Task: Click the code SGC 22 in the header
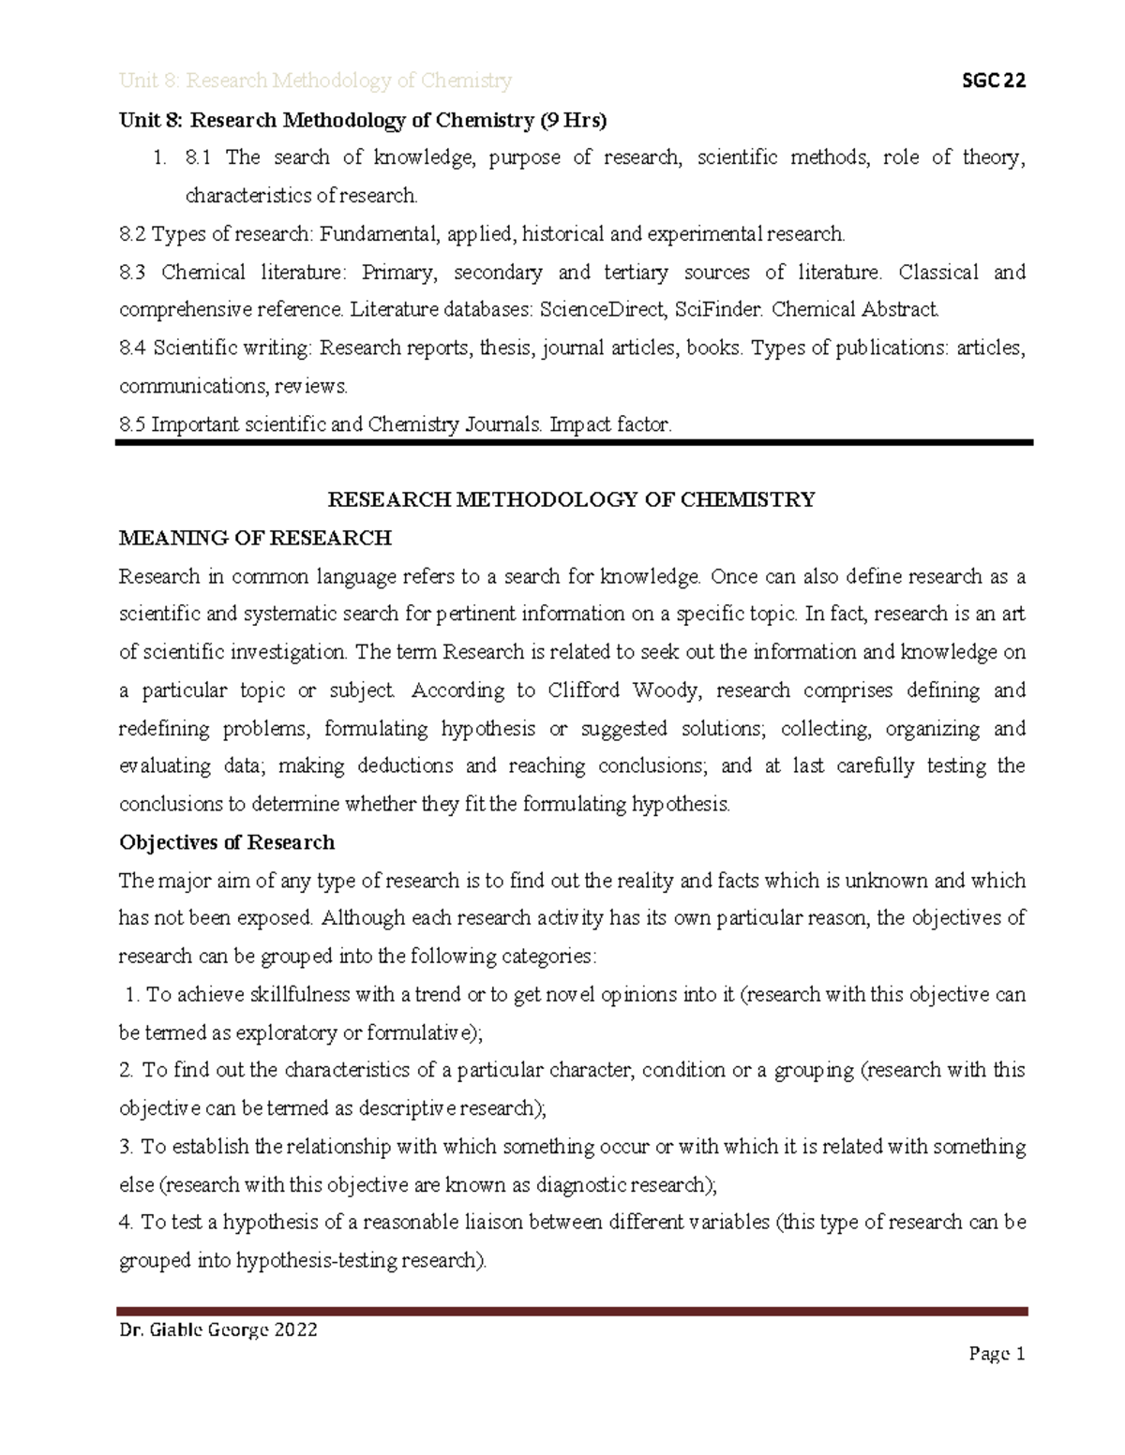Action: [x=989, y=81]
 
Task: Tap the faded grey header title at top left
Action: [x=315, y=81]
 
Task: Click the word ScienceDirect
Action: [x=593, y=309]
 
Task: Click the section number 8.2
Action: [x=132, y=233]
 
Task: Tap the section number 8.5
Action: [x=132, y=424]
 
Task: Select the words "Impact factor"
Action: [x=610, y=424]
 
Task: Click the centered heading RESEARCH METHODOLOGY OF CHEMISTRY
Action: [x=571, y=499]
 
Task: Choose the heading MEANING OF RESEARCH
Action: [x=255, y=538]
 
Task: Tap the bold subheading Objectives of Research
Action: [x=227, y=842]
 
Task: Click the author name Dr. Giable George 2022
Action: [x=218, y=1329]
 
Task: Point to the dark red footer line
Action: [x=573, y=1312]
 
